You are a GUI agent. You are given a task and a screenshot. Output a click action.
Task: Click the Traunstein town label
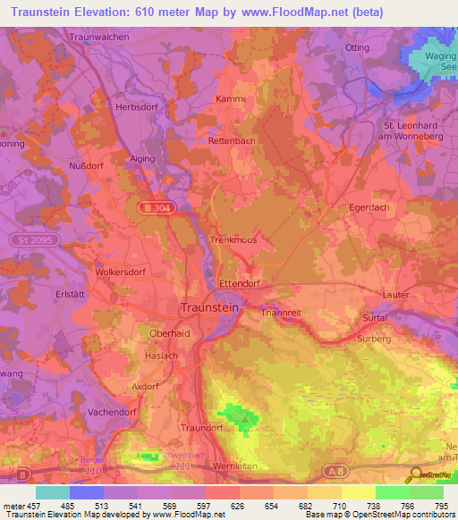click(x=210, y=306)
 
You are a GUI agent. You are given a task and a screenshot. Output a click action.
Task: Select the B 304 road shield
click(x=155, y=207)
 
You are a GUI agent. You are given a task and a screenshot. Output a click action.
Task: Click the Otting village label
click(x=356, y=46)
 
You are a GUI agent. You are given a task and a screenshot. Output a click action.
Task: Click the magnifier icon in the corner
click(x=415, y=476)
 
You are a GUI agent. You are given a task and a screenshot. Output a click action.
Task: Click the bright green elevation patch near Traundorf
click(x=240, y=414)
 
